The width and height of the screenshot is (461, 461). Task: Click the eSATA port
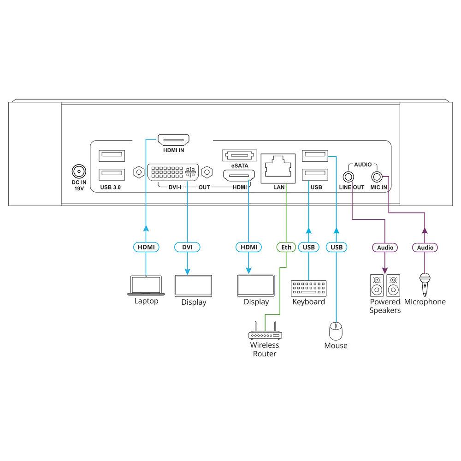(x=238, y=155)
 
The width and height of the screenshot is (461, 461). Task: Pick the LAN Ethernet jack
(x=278, y=167)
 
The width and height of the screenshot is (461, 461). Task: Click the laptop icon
(x=146, y=285)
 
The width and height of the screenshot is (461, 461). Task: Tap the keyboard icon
(x=308, y=288)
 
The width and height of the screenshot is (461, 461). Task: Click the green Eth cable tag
(x=286, y=247)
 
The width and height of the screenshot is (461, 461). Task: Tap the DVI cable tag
(x=187, y=247)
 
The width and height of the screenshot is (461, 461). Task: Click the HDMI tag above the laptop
(x=146, y=247)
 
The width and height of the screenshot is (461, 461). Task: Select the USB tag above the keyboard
(x=308, y=247)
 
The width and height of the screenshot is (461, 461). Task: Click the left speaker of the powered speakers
(x=377, y=286)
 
